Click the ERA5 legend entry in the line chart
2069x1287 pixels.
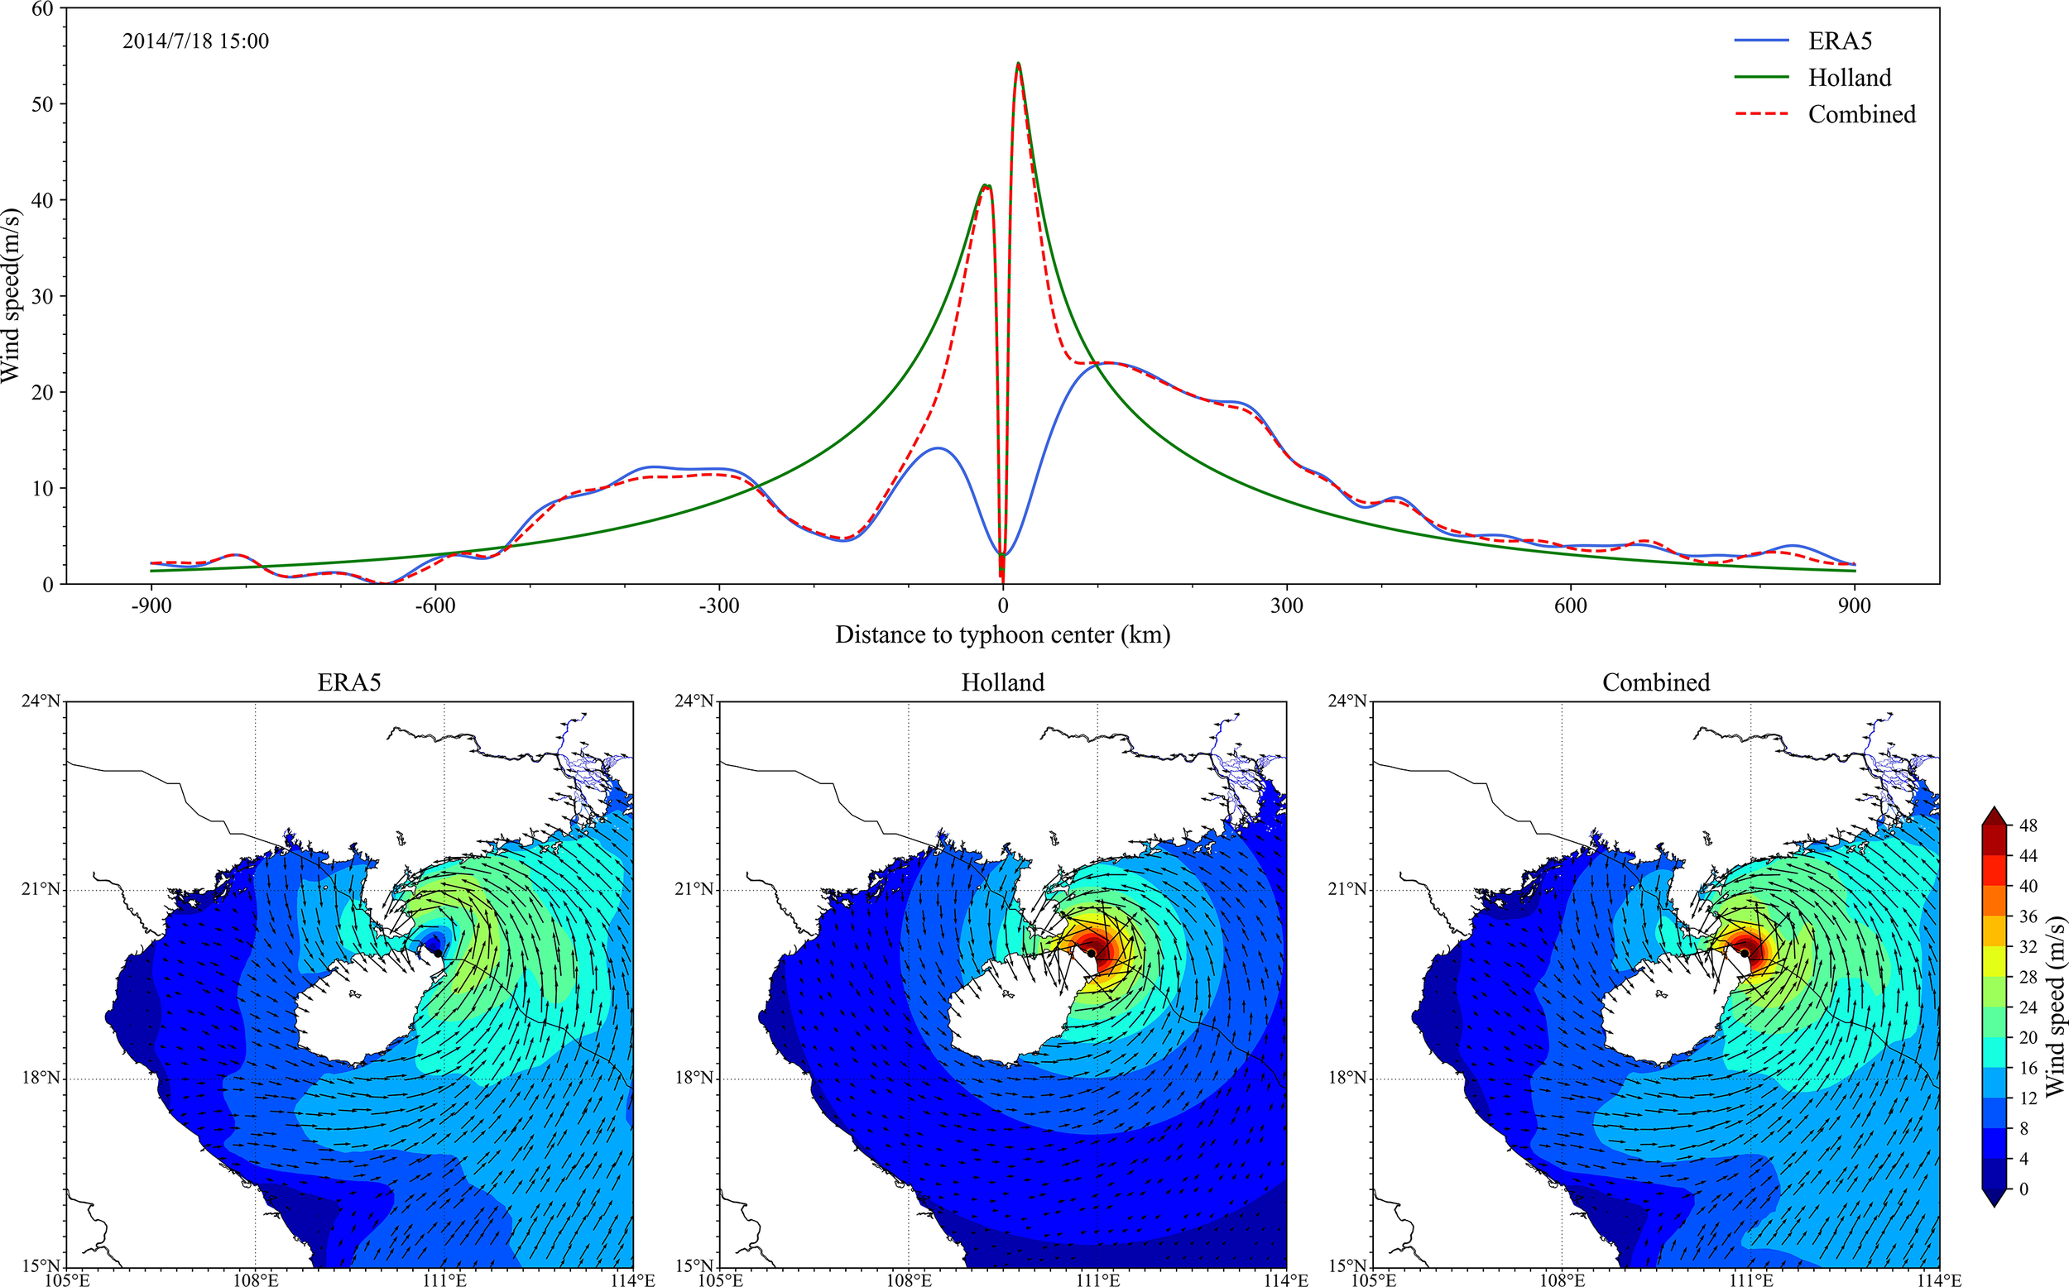1839,41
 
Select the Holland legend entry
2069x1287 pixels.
1849,78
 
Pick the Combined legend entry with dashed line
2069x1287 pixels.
1861,114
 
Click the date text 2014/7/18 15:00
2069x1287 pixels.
196,41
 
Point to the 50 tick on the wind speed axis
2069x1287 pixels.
41,104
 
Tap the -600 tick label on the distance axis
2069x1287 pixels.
435,606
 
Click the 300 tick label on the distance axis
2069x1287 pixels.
1287,606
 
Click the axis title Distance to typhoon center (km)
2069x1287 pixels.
1002,635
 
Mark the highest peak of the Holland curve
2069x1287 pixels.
1018,64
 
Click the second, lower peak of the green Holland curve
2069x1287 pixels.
985,184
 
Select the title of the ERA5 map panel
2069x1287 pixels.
349,682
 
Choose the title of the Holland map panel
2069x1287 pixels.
1002,682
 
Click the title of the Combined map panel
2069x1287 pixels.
1656,682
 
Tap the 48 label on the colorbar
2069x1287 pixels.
2028,825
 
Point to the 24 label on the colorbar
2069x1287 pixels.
2028,1007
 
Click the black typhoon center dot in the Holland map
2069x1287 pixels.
1091,953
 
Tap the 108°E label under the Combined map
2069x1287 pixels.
1562,1280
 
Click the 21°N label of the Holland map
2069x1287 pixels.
696,889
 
